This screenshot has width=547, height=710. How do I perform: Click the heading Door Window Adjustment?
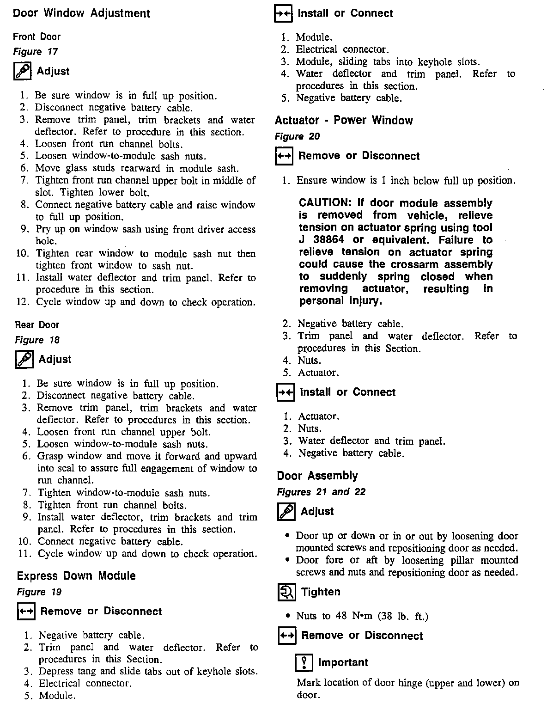point(81,13)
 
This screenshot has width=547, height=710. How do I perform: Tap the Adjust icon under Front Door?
point(22,71)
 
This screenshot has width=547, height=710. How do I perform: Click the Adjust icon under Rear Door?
point(24,360)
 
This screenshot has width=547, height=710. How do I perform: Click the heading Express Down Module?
point(76,576)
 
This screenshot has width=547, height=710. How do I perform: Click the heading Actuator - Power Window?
point(343,121)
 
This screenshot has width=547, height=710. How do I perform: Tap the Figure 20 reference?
point(297,136)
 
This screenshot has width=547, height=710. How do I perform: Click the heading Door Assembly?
point(317,476)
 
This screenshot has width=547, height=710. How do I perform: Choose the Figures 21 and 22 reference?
point(321,492)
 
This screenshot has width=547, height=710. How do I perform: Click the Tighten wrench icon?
point(286,592)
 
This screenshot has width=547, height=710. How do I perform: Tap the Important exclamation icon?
point(304,663)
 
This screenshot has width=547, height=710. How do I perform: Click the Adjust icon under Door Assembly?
point(286,512)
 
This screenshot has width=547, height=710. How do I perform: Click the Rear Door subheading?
point(37,325)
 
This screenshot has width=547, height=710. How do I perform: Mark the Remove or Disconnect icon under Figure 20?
point(284,156)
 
